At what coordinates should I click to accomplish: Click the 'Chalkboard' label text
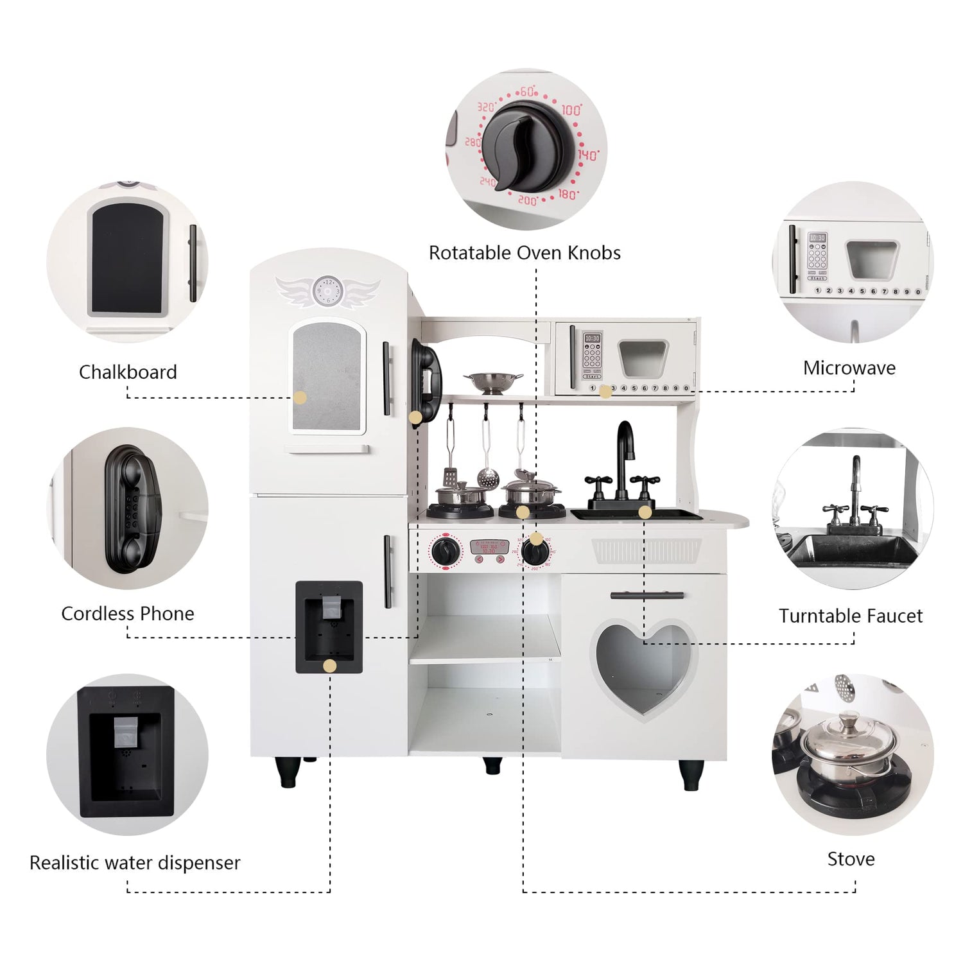pos(128,372)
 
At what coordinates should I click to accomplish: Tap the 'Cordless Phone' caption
pos(128,614)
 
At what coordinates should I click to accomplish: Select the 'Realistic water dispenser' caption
pos(135,862)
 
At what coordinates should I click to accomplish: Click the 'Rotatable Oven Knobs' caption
pos(525,253)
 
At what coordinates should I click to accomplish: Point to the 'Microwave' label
pos(849,368)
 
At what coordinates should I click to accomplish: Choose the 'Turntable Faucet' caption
pos(851,616)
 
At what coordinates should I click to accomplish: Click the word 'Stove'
pos(851,859)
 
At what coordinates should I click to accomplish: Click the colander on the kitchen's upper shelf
pos(492,382)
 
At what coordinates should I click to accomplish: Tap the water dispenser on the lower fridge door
pos(329,626)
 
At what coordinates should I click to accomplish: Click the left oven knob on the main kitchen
pos(445,551)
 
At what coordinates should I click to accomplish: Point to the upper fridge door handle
pos(386,379)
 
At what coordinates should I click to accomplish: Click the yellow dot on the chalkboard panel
pos(300,397)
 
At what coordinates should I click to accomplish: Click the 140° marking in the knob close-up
pos(587,155)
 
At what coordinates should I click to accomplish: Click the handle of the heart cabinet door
pos(646,595)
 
